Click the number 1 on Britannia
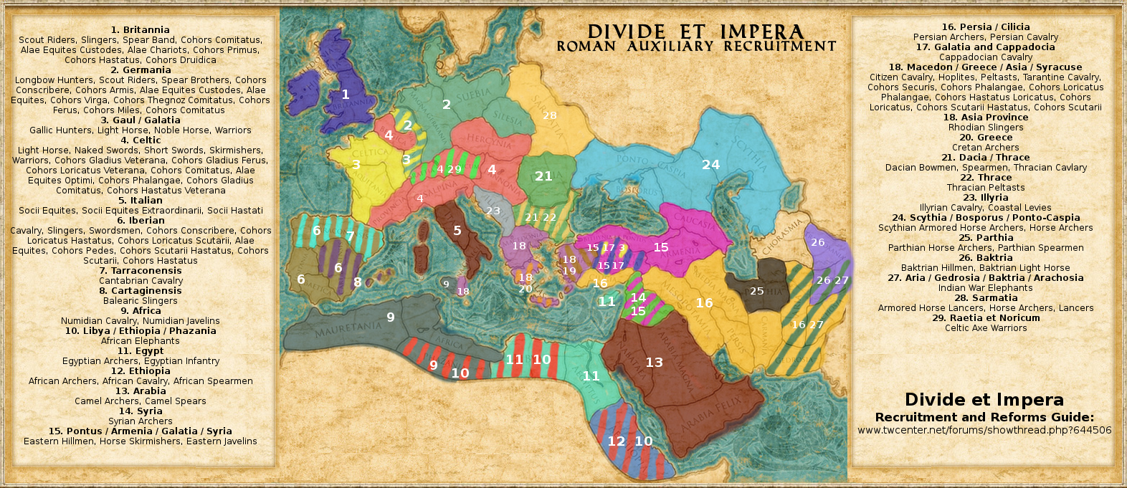click(345, 95)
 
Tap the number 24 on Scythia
click(710, 165)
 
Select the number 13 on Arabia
click(654, 363)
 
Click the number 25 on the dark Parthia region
click(756, 291)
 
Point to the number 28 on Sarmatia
click(549, 115)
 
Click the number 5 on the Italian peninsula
click(457, 231)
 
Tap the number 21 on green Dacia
click(543, 176)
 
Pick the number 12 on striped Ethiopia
click(616, 441)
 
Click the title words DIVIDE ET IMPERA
click(695, 32)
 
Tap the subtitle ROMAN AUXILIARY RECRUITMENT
click(696, 47)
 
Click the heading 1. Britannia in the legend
click(141, 30)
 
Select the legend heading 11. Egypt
click(141, 351)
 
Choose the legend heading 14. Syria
click(141, 411)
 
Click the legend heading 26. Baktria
click(985, 258)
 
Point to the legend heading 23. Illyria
click(985, 198)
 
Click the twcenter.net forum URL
click(984, 431)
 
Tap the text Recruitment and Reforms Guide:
click(984, 417)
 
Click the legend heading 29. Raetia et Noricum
click(985, 318)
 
